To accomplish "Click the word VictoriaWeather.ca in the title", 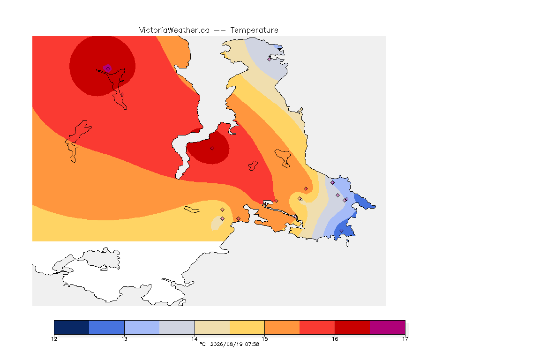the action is (174, 30).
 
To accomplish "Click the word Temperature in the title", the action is (254, 30).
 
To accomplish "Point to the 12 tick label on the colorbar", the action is (54, 339).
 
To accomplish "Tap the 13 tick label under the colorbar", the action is (124, 339).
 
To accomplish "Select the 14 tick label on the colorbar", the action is (195, 339).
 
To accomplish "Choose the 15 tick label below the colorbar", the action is (264, 339).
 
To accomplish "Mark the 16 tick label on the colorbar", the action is (335, 339).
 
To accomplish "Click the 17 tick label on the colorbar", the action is (405, 339).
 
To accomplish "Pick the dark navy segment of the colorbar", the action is (72, 327).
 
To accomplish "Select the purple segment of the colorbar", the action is (388, 327).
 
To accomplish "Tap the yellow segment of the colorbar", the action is (247, 327).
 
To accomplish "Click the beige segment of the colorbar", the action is (212, 327).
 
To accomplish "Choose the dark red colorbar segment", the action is (352, 327).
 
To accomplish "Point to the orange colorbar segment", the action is (282, 327).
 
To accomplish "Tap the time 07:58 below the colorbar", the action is (252, 344).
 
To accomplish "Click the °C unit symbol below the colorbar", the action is (202, 344).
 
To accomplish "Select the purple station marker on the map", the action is (108, 68).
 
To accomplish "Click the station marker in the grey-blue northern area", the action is (270, 59).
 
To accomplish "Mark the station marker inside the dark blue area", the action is (341, 231).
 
